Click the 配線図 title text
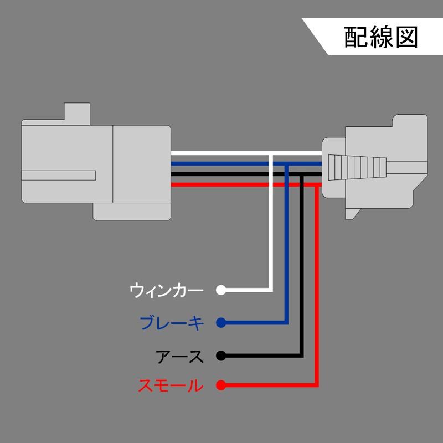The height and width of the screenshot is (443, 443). click(x=380, y=37)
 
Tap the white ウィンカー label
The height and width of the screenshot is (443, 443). click(x=167, y=290)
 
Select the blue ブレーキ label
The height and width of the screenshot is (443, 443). click(x=172, y=323)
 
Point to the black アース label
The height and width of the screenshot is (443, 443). click(x=179, y=356)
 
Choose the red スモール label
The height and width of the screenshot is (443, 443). click(x=171, y=385)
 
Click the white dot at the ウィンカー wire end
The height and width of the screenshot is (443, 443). click(x=221, y=290)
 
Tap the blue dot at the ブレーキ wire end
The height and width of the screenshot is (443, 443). click(x=221, y=323)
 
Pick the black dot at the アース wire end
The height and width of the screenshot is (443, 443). click(x=221, y=356)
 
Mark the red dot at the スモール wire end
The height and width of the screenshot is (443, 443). click(x=221, y=385)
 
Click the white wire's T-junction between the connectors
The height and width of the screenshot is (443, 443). click(x=271, y=153)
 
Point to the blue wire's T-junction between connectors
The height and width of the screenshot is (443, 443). click(x=286, y=164)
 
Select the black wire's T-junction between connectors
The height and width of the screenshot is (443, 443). click(x=301, y=174)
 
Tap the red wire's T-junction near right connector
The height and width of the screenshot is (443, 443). click(x=317, y=185)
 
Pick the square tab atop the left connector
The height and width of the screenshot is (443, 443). click(x=77, y=114)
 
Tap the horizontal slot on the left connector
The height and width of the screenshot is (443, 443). click(x=59, y=176)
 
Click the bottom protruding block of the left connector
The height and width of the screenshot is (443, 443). click(x=132, y=212)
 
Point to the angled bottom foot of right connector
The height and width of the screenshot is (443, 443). click(x=352, y=214)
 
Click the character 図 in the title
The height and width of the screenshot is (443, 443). click(x=406, y=37)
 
